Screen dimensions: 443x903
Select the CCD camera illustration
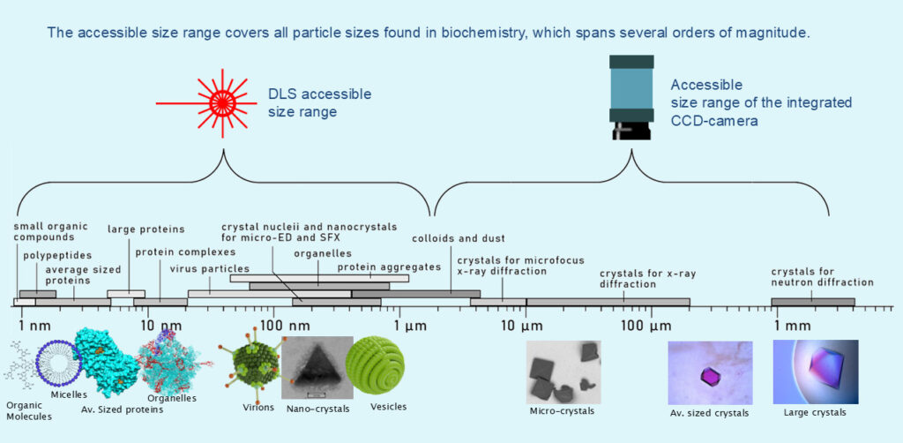click(631, 97)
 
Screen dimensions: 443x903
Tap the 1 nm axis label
click(34, 325)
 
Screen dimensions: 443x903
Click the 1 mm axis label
click(794, 325)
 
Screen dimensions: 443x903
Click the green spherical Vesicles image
click(375, 367)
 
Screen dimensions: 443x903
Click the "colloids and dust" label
click(446, 238)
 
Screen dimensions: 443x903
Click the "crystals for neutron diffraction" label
click(822, 276)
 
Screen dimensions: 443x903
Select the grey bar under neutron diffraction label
click(813, 303)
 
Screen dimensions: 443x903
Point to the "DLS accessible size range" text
click(320, 101)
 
